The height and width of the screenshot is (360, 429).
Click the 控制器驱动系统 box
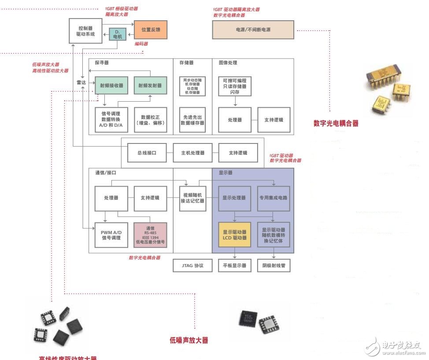tap(86, 31)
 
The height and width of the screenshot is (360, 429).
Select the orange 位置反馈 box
tap(151, 30)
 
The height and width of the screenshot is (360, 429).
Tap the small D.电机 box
tap(117, 34)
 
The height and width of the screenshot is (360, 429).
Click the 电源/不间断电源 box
tap(253, 30)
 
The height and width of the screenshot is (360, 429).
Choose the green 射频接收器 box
tap(112, 85)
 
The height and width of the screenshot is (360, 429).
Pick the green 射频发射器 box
tap(151, 85)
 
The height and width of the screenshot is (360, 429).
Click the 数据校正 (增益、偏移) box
tap(151, 120)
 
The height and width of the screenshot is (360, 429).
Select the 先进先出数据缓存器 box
tap(192, 120)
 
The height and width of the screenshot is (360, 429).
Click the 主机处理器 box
tap(192, 153)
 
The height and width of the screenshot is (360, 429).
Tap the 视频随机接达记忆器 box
tap(192, 198)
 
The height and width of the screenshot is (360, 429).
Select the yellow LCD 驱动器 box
tap(234, 235)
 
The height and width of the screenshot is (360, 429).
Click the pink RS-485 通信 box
tap(151, 235)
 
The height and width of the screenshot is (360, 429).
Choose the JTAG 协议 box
tap(192, 266)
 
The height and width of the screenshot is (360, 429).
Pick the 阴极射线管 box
tap(274, 266)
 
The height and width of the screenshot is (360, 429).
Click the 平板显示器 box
tap(234, 266)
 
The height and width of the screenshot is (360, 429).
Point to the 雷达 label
tap(81, 83)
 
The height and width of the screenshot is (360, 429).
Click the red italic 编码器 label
tap(141, 44)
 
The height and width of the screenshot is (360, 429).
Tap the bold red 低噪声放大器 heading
tap(189, 340)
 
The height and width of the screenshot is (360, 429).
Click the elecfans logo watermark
tap(394, 348)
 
